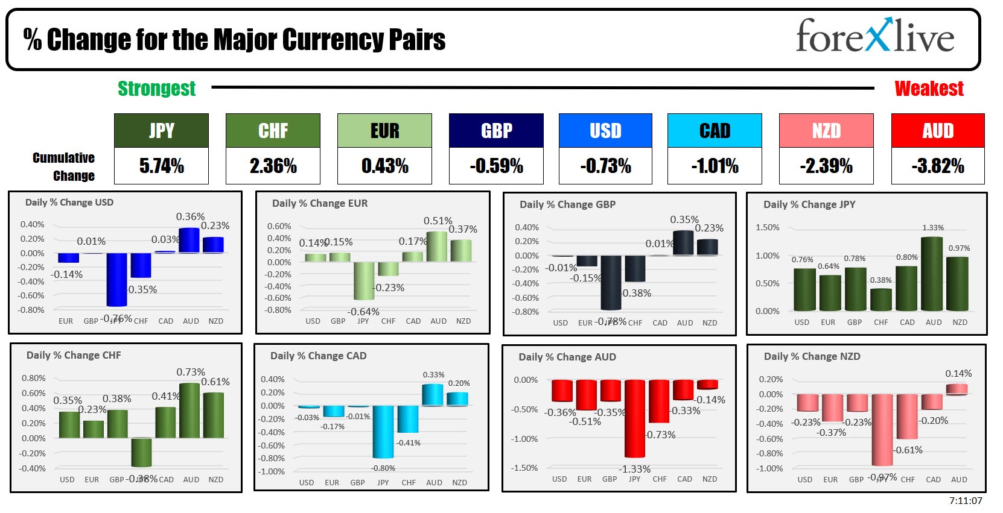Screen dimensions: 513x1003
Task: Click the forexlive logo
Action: (x=874, y=37)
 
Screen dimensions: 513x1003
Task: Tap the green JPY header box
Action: (x=161, y=130)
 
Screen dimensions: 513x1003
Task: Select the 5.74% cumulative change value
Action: (x=161, y=166)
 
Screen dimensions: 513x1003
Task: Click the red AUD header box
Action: (x=937, y=130)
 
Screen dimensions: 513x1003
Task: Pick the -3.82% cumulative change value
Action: (x=937, y=166)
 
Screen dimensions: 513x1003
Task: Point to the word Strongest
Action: (x=156, y=89)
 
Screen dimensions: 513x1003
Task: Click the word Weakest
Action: (x=929, y=89)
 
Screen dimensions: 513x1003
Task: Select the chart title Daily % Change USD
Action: (x=69, y=203)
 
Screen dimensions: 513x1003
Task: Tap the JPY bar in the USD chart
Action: (x=116, y=279)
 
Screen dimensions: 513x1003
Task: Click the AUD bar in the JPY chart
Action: (x=932, y=274)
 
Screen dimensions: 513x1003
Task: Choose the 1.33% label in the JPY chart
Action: (x=932, y=228)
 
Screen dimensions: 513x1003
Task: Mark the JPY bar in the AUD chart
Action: (x=634, y=418)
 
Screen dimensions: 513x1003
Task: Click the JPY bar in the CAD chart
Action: (x=383, y=432)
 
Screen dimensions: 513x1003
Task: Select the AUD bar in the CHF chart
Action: (x=190, y=410)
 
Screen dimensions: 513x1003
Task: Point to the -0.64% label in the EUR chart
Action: (x=363, y=312)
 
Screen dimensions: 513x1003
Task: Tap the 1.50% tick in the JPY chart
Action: (x=767, y=227)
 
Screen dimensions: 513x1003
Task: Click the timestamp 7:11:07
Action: (x=966, y=500)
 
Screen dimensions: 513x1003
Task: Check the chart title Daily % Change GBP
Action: (x=567, y=204)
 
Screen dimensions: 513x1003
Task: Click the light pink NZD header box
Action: (x=826, y=130)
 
